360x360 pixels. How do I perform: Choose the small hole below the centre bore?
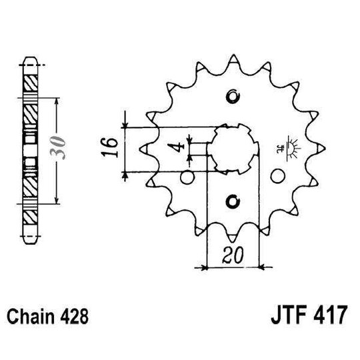coord(232,199)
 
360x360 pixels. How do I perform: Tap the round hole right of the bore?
coord(279,176)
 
